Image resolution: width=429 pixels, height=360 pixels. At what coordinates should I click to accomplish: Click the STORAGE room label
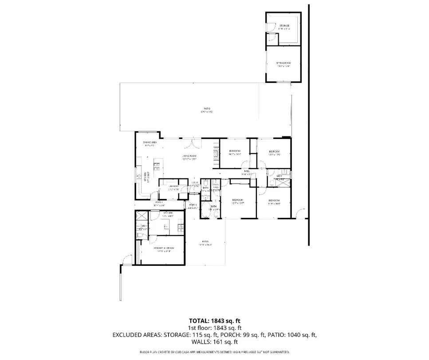click(284, 26)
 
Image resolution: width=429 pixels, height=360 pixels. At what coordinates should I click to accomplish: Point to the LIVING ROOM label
click(189, 156)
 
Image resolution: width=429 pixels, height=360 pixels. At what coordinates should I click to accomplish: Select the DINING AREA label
click(148, 142)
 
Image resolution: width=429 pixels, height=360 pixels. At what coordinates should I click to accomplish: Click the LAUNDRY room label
click(173, 186)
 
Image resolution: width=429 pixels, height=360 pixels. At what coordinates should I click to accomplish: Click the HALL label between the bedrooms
click(247, 171)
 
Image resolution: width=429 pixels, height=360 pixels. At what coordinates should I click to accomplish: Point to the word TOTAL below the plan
click(199, 320)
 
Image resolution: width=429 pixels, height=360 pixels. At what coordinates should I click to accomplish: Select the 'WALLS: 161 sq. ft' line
click(214, 342)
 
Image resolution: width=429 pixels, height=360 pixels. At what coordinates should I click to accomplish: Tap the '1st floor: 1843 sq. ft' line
click(214, 328)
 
